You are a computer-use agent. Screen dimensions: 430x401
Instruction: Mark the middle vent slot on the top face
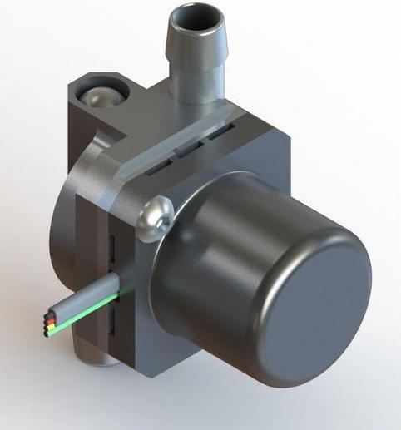[x=189, y=151]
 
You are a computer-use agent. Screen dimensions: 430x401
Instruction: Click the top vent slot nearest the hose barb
[x=223, y=131]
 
